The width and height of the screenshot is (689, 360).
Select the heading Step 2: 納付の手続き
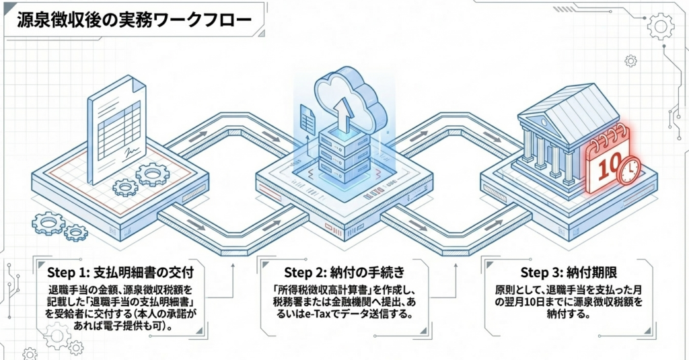(x=344, y=273)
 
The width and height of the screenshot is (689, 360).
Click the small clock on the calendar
(x=628, y=171)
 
